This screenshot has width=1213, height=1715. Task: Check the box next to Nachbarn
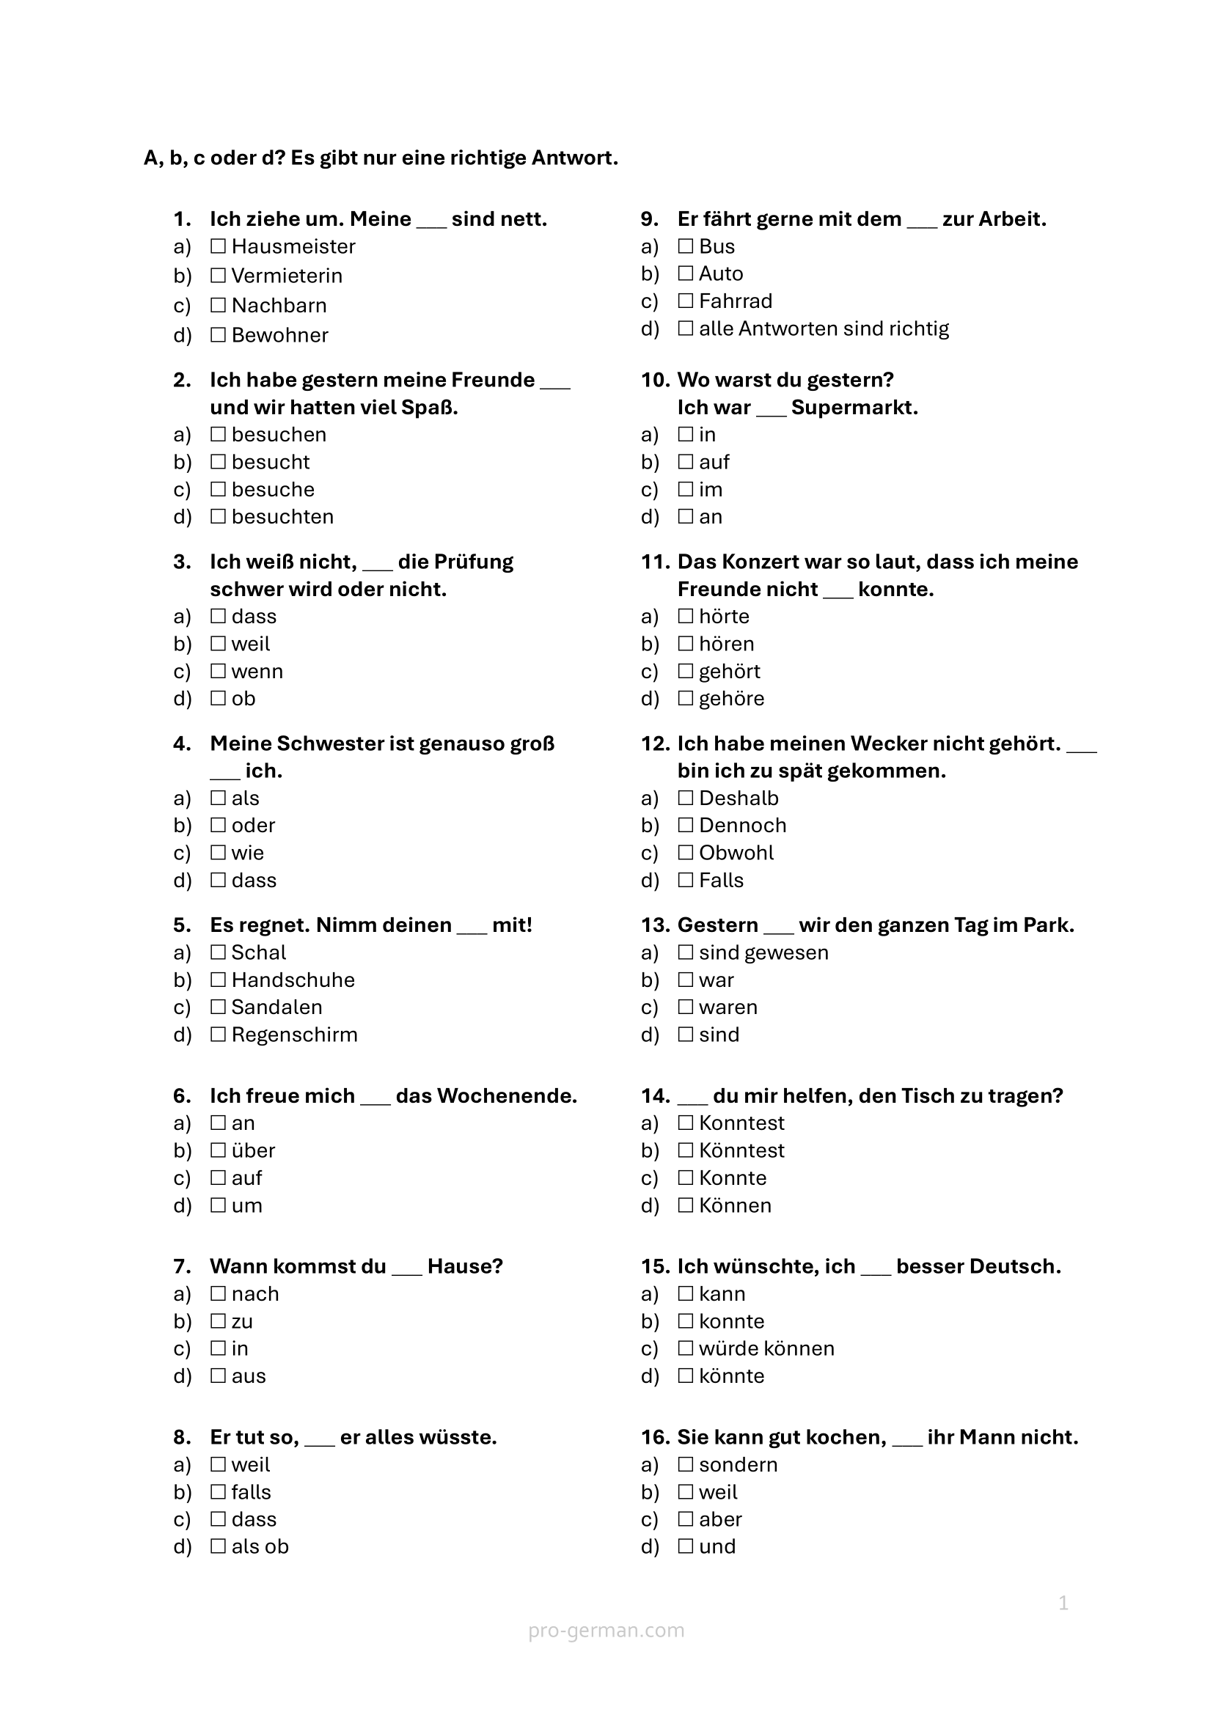click(x=218, y=305)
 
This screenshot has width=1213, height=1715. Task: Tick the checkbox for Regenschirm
click(x=218, y=1035)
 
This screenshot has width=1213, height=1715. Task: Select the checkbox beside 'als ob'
click(x=218, y=1546)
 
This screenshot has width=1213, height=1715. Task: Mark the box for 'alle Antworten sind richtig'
click(x=686, y=328)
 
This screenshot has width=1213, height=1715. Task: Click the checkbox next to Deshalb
click(x=686, y=798)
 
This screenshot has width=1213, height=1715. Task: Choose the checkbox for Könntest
click(x=686, y=1150)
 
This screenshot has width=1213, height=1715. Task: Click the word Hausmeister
click(x=293, y=246)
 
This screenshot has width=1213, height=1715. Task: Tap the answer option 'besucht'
click(x=271, y=463)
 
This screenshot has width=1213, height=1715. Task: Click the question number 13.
click(x=655, y=925)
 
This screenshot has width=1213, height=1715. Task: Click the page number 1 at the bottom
click(x=1063, y=1603)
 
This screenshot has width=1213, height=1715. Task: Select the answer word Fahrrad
click(x=735, y=301)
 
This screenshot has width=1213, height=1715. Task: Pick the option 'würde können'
click(x=766, y=1348)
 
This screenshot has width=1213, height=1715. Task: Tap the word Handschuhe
click(x=293, y=980)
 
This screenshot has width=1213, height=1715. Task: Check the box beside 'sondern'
click(x=686, y=1465)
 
